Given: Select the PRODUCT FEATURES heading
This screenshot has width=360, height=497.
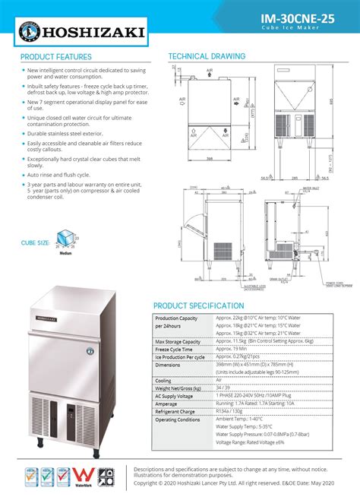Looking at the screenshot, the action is pyautogui.click(x=56, y=57).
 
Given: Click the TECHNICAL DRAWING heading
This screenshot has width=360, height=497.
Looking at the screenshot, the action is pyautogui.click(x=207, y=57).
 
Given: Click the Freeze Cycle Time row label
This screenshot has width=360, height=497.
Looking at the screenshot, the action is pyautogui.click(x=177, y=349).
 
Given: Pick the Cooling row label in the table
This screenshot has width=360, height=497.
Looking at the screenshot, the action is pyautogui.click(x=165, y=380).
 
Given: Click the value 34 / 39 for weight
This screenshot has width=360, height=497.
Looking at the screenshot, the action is pyautogui.click(x=222, y=388).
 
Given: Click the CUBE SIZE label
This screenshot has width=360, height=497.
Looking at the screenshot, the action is pyautogui.click(x=36, y=243).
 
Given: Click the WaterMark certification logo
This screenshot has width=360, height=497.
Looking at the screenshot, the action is pyautogui.click(x=84, y=477).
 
